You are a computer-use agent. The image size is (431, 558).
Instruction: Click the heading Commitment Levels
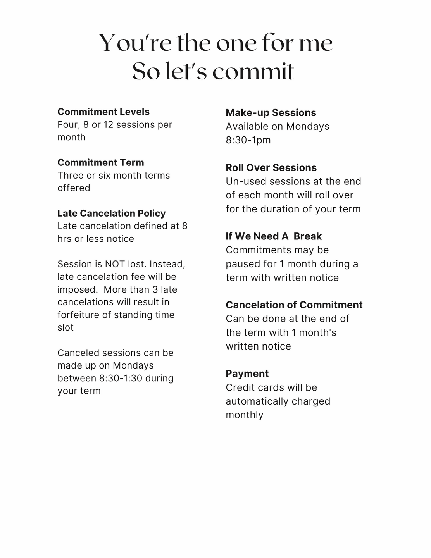[103, 112]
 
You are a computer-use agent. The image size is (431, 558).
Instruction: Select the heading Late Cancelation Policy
[112, 214]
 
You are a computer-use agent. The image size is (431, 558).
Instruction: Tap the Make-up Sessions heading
[271, 113]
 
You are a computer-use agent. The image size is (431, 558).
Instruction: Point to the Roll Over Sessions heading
[271, 168]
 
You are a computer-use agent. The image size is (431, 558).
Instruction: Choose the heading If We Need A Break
[274, 236]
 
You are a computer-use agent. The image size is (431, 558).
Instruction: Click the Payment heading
[247, 374]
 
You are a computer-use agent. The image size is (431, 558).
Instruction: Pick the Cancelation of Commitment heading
[294, 305]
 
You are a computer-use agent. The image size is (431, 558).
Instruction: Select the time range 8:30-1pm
[248, 140]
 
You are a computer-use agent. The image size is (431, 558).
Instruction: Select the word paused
[240, 264]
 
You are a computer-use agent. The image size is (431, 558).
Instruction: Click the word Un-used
[246, 182]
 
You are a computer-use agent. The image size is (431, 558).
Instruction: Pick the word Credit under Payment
[239, 387]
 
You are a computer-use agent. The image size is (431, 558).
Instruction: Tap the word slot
[66, 328]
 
